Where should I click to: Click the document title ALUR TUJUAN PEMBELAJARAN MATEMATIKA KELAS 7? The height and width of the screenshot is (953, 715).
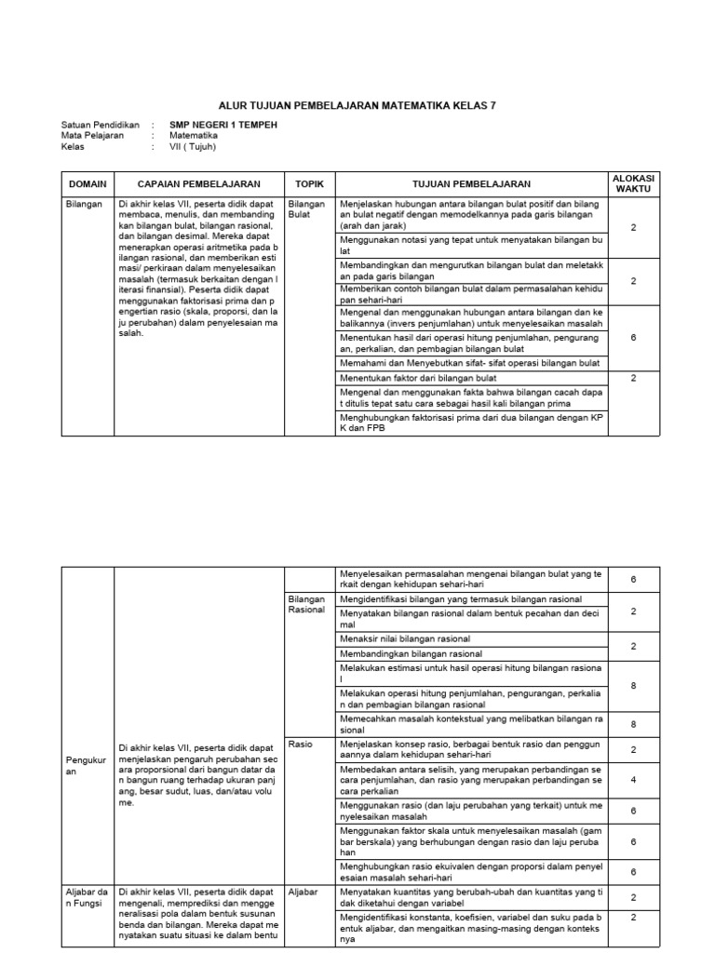coord(357,106)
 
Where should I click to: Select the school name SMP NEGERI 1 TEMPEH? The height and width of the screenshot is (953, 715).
coord(223,124)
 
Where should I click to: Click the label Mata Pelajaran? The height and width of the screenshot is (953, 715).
coord(93,135)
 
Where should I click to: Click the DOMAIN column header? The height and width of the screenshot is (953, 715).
coord(88,184)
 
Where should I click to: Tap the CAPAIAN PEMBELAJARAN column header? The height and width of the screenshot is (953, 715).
coord(198,184)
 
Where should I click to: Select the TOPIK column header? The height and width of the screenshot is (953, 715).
coord(308,184)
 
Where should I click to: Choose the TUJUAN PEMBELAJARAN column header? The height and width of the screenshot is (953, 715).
coord(471,184)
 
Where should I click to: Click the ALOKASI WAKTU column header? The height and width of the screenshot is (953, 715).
coord(633,183)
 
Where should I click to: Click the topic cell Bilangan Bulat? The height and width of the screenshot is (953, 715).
coord(306,208)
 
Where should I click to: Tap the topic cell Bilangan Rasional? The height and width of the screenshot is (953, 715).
coord(306,604)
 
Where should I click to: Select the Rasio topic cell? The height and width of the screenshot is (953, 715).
coord(300,745)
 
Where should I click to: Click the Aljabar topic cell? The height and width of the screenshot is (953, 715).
coord(304,892)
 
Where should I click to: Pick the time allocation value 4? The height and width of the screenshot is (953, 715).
coord(633,781)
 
